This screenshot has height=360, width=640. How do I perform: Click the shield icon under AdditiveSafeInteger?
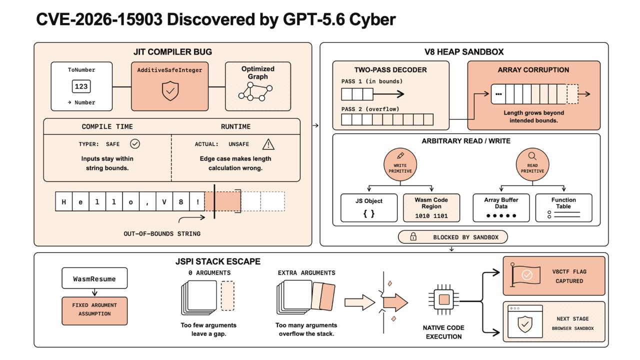(x=170, y=91)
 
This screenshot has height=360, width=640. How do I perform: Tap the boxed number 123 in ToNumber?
(x=81, y=86)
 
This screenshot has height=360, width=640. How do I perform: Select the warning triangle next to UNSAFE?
(x=268, y=144)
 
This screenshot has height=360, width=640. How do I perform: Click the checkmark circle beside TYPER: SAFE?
(x=135, y=143)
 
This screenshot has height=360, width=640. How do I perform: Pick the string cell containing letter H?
(x=63, y=201)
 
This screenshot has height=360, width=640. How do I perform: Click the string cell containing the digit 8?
(x=181, y=201)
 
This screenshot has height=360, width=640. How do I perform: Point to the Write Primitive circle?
(x=400, y=164)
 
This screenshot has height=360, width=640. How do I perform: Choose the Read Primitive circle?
(x=532, y=164)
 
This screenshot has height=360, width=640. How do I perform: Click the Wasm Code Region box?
(x=431, y=207)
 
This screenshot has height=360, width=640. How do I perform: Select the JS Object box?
(x=369, y=207)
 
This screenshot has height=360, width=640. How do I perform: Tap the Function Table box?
(x=563, y=207)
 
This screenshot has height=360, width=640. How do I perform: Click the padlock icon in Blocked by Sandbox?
(x=413, y=236)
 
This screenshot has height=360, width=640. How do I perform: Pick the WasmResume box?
(x=94, y=278)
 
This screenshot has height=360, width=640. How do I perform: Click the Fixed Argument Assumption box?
(x=94, y=311)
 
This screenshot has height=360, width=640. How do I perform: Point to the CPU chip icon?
(x=443, y=299)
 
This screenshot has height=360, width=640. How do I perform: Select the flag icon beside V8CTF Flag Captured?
(x=525, y=275)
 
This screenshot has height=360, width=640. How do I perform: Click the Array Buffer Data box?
(x=501, y=207)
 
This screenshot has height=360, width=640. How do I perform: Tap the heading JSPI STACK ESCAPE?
(x=217, y=261)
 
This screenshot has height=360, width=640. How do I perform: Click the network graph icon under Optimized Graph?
(x=255, y=91)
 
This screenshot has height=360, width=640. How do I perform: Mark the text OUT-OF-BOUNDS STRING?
(x=162, y=233)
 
